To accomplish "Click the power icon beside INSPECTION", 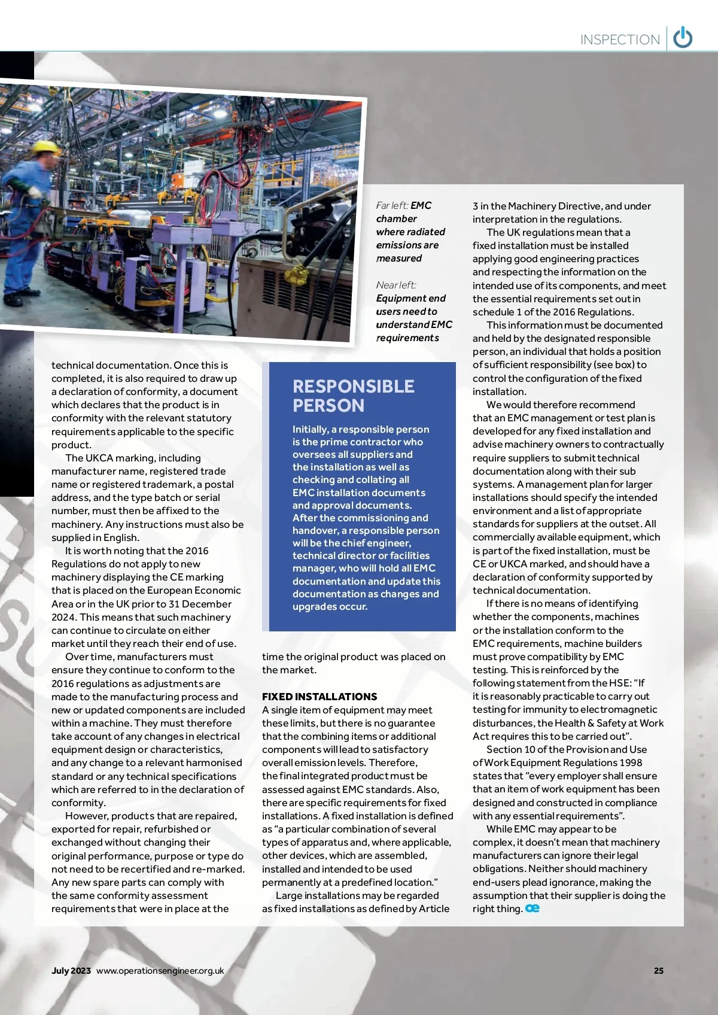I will [x=683, y=38].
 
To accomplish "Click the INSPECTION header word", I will [x=620, y=40].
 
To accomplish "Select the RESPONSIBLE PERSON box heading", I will [x=353, y=396].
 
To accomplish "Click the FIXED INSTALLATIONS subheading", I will [x=320, y=697].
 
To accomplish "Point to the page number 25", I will [x=659, y=970].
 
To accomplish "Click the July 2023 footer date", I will [x=71, y=970].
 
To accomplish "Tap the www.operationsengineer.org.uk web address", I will [x=160, y=970].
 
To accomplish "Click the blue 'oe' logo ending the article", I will [x=533, y=908].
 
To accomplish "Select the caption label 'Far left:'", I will [x=392, y=205].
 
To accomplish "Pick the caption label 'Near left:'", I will [x=396, y=285].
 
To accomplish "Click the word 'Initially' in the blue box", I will [x=309, y=429].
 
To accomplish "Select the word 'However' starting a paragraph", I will [x=84, y=816].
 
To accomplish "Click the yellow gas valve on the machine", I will [x=294, y=276].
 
